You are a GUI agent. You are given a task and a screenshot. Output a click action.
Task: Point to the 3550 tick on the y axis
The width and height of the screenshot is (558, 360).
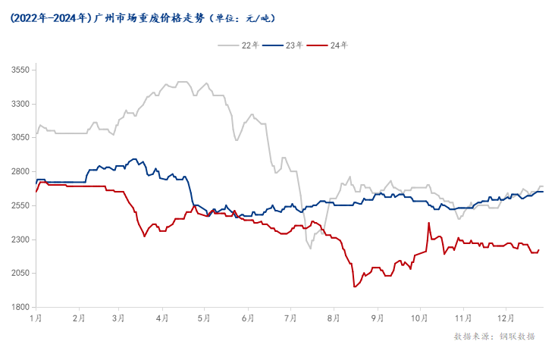tap(20, 70)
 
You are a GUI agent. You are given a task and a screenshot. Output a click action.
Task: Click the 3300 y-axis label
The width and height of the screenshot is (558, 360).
tap(20, 105)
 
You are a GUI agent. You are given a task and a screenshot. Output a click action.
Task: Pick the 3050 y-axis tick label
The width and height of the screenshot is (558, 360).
tap(20, 138)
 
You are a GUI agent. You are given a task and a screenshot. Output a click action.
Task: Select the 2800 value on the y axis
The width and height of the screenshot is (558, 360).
tap(20, 172)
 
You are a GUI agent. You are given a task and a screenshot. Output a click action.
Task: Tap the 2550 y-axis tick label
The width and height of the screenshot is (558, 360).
tap(20, 206)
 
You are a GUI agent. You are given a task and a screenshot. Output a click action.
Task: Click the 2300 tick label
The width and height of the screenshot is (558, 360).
tap(20, 239)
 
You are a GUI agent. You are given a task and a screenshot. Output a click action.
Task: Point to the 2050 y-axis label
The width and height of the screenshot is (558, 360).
tap(20, 274)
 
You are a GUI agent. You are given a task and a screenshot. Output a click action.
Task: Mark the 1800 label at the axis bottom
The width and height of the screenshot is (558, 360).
tap(20, 308)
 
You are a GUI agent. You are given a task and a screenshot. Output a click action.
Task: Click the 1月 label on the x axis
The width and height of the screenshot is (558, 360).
tap(36, 320)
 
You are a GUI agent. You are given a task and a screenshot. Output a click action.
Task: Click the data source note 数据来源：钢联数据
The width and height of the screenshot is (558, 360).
tap(494, 336)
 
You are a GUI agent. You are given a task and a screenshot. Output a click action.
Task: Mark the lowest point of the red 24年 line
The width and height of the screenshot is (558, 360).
tap(354, 286)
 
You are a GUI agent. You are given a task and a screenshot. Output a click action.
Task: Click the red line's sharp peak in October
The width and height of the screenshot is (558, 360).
tap(429, 223)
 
